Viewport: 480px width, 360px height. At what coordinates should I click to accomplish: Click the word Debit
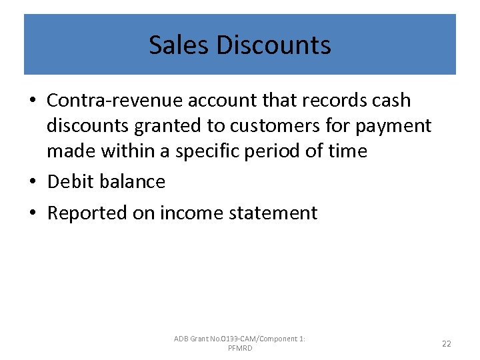pos(70,181)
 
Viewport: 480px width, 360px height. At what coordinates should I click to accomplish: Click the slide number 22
pos(446,343)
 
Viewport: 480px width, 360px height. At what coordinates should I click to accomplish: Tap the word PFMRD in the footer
pos(240,348)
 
